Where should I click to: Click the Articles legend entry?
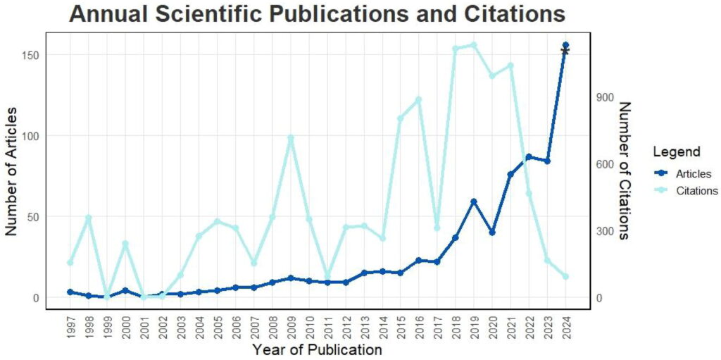(693, 174)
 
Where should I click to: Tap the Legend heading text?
(676, 151)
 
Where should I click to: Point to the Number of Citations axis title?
(624, 170)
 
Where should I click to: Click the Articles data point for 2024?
(565, 46)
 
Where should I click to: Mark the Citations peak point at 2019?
(474, 45)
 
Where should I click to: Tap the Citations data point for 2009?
(290, 138)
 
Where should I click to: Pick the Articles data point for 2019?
(474, 201)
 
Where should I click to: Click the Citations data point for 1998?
(88, 218)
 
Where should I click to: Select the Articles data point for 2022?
(529, 157)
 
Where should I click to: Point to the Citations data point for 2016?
(419, 99)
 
